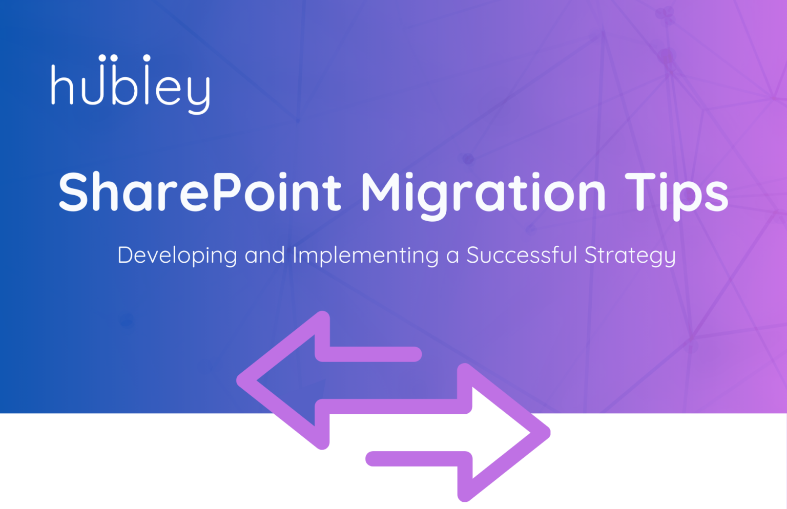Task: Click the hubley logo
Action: click(x=130, y=84)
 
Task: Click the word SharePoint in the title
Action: click(x=200, y=192)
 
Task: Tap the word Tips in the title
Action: click(x=676, y=194)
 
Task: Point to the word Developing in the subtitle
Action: click(x=177, y=256)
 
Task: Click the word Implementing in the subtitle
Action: click(x=365, y=256)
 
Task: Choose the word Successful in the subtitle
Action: click(x=522, y=255)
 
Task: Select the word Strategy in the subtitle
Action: click(x=630, y=256)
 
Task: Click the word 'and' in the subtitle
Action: click(x=264, y=255)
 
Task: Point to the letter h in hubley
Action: click(x=61, y=84)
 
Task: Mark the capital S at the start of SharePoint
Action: click(x=75, y=192)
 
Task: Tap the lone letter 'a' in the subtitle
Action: click(x=452, y=256)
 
